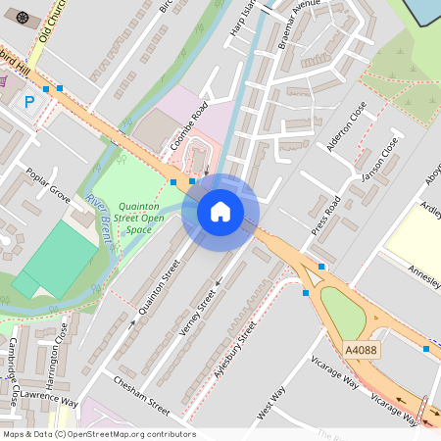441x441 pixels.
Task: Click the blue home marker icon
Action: (x=220, y=212)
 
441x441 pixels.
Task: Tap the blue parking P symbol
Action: (x=29, y=101)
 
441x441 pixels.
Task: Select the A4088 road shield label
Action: (x=361, y=350)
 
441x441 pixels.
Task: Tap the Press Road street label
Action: (x=325, y=217)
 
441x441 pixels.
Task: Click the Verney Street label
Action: (x=200, y=314)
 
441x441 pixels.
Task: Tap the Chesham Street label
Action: (x=141, y=395)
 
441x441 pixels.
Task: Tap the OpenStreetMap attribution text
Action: (x=98, y=434)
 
